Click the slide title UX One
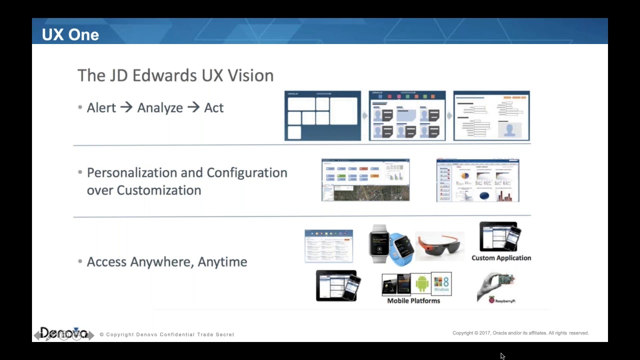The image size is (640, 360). click(70, 34)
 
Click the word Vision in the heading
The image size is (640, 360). click(250, 75)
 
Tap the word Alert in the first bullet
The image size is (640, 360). click(101, 107)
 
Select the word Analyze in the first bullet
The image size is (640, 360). click(160, 108)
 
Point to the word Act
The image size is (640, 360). click(213, 107)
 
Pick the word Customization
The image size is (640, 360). click(158, 190)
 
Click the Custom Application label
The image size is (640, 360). click(501, 258)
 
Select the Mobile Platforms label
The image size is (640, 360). click(413, 300)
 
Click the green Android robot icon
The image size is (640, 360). click(422, 284)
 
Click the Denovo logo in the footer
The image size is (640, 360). click(63, 333)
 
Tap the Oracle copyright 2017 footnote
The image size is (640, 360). click(520, 333)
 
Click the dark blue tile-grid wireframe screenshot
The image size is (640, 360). click(322, 116)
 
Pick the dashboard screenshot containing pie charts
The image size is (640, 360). click(477, 180)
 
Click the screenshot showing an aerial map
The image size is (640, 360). click(365, 180)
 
